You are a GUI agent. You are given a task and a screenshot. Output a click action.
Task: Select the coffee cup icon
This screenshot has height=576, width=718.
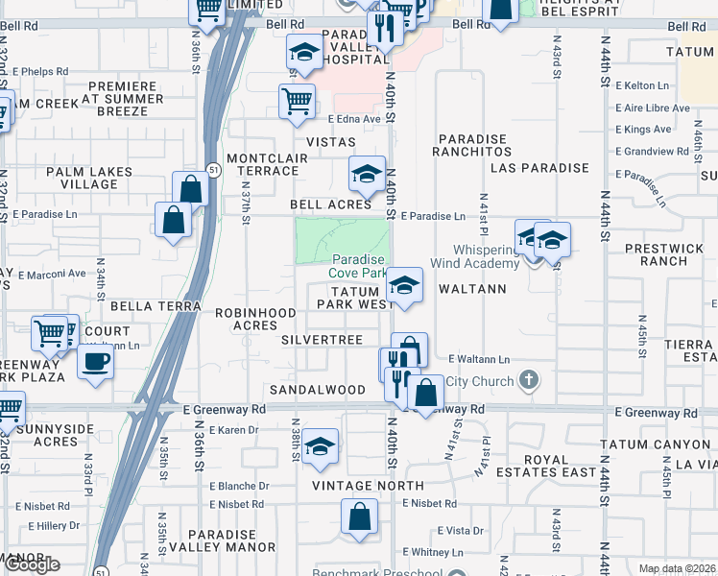click(x=95, y=363)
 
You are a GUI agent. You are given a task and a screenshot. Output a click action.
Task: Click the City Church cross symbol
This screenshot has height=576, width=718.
click(x=527, y=381)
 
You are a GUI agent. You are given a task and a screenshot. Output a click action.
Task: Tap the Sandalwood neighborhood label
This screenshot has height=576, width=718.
click(x=317, y=390)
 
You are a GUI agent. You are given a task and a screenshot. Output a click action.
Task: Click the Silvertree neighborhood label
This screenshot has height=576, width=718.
click(x=322, y=341)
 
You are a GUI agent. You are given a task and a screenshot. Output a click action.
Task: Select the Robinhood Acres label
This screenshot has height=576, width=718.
click(x=254, y=319)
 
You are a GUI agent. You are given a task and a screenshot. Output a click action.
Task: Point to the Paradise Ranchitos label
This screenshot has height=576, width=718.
click(x=471, y=145)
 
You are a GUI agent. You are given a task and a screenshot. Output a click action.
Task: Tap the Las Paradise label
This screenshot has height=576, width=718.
click(x=538, y=168)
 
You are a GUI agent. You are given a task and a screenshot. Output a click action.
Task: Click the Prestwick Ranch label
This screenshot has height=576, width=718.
click(x=663, y=254)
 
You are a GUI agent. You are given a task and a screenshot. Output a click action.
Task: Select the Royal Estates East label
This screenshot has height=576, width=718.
click(x=545, y=466)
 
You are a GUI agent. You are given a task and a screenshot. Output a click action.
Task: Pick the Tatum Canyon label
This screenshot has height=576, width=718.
click(x=654, y=444)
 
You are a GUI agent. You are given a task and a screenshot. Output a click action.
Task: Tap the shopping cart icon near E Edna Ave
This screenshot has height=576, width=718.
click(x=298, y=99)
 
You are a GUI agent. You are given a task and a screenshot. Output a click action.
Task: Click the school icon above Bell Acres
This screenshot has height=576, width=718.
click(x=366, y=174)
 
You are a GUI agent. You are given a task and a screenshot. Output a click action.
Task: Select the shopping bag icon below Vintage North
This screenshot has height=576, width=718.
click(x=359, y=516)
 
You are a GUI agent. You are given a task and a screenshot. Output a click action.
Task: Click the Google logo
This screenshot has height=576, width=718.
click(x=32, y=565)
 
